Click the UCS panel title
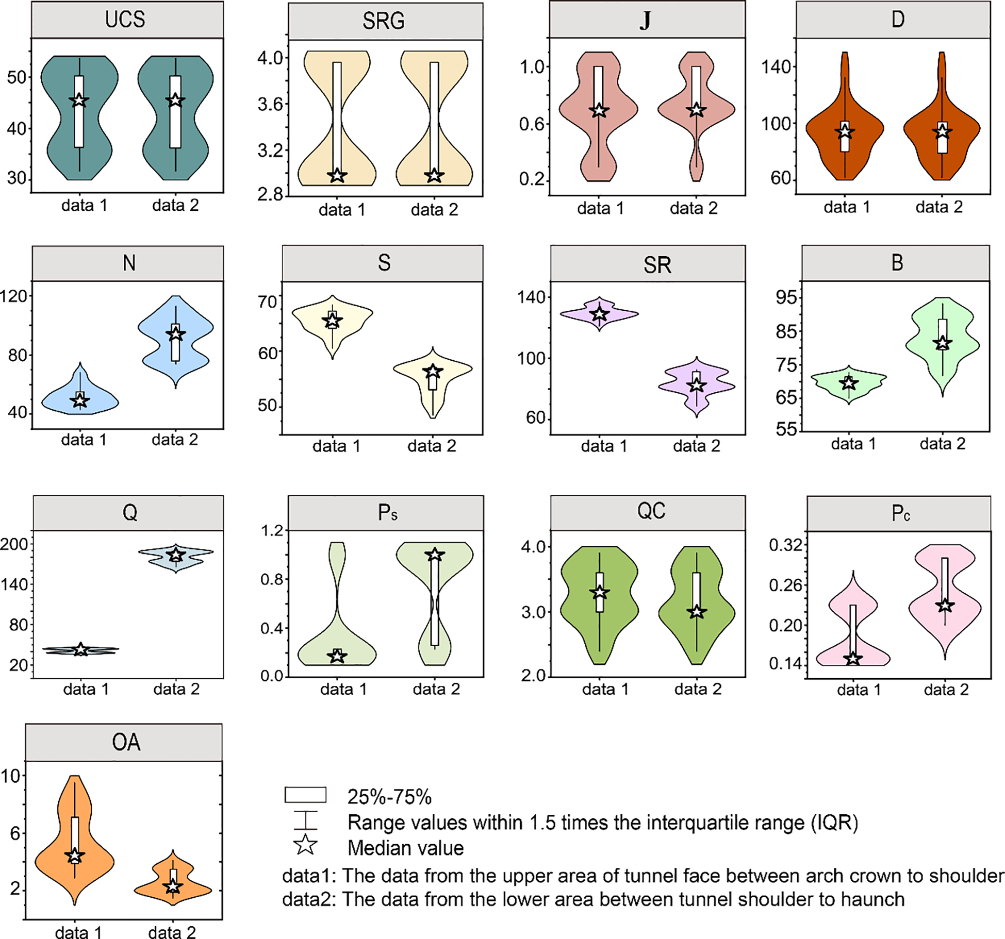[x=125, y=20]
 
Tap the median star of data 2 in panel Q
[x=176, y=555]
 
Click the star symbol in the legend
[x=305, y=845]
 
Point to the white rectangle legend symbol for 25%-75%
[x=305, y=795]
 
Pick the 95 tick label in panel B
[x=786, y=297]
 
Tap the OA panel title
[x=126, y=743]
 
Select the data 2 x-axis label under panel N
[x=175, y=440]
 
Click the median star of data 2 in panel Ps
[x=435, y=555]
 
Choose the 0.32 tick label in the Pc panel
[x=785, y=545]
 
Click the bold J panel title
[x=645, y=21]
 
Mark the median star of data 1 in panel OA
[x=75, y=856]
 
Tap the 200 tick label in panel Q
[x=14, y=544]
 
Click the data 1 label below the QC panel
[x=605, y=689]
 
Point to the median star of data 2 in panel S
[x=433, y=371]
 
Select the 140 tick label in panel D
[x=776, y=66]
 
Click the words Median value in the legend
[x=405, y=848]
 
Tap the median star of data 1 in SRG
[x=337, y=175]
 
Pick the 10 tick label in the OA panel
[x=11, y=776]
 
